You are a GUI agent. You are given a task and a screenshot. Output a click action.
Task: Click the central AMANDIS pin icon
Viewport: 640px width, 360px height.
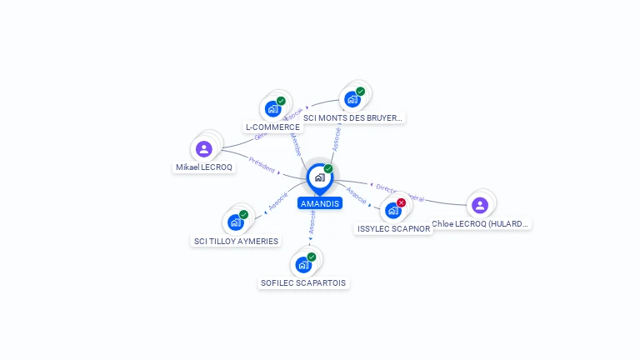click(319, 177)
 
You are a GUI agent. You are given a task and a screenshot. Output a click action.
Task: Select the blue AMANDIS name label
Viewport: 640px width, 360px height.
click(320, 203)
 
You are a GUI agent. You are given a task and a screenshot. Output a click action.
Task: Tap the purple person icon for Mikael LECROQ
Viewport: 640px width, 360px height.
click(204, 149)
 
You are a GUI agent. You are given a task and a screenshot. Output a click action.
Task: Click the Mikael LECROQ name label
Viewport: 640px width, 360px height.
click(204, 167)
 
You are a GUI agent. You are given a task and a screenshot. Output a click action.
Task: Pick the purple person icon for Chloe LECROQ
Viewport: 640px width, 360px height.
click(479, 205)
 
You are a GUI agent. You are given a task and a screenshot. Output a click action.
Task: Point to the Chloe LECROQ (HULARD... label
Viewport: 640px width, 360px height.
click(481, 224)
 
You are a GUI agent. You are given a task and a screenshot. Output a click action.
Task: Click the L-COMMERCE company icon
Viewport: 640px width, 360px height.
click(272, 108)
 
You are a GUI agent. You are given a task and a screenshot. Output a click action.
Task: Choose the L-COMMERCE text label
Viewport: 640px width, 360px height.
click(272, 127)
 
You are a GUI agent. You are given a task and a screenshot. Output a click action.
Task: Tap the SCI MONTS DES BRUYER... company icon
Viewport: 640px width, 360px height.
click(352, 99)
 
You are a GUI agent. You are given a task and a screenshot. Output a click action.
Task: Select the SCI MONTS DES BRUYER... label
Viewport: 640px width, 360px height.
click(353, 118)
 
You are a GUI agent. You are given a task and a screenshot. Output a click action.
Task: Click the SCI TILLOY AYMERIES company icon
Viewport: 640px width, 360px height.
click(235, 222)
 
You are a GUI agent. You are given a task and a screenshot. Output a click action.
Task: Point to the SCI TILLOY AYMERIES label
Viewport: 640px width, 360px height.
click(236, 242)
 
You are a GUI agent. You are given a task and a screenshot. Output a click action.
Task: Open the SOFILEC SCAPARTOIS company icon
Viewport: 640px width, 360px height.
click(303, 265)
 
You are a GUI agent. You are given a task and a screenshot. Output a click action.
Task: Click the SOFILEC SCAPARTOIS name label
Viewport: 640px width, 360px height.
click(303, 283)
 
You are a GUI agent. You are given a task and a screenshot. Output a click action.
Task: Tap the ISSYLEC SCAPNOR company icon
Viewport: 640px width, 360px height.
click(393, 211)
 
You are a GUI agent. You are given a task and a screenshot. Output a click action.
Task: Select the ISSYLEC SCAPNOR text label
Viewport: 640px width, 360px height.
click(393, 229)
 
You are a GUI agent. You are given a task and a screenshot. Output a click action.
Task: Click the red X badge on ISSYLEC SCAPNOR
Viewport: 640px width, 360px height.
click(401, 202)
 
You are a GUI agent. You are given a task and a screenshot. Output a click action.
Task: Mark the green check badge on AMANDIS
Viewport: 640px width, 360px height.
click(328, 168)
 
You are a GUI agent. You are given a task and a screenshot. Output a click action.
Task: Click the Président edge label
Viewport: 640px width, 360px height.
click(262, 165)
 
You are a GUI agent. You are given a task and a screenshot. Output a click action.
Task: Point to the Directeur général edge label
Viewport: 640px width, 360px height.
click(400, 193)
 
